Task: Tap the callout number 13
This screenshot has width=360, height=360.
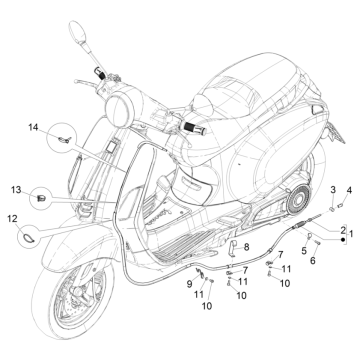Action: pyautogui.click(x=16, y=189)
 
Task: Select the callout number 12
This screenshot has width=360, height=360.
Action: pyautogui.click(x=12, y=217)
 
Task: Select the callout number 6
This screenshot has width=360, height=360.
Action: pyautogui.click(x=313, y=262)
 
